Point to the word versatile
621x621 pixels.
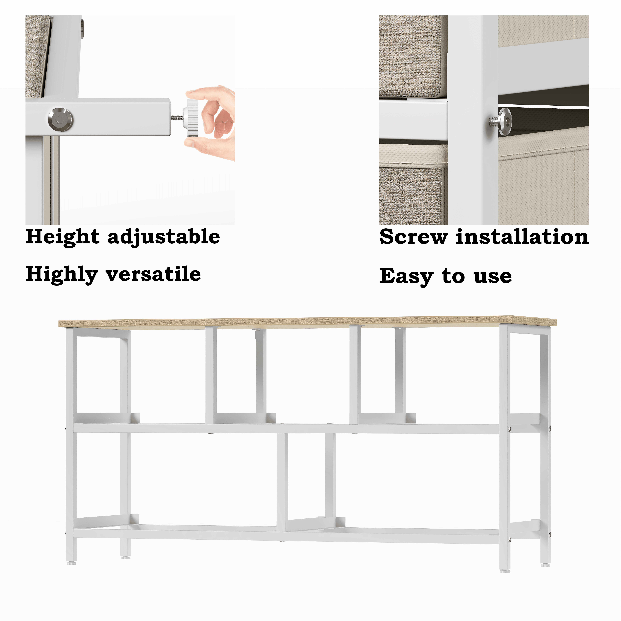point(153,274)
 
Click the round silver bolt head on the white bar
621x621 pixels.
point(60,120)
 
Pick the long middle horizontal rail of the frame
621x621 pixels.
point(286,428)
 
